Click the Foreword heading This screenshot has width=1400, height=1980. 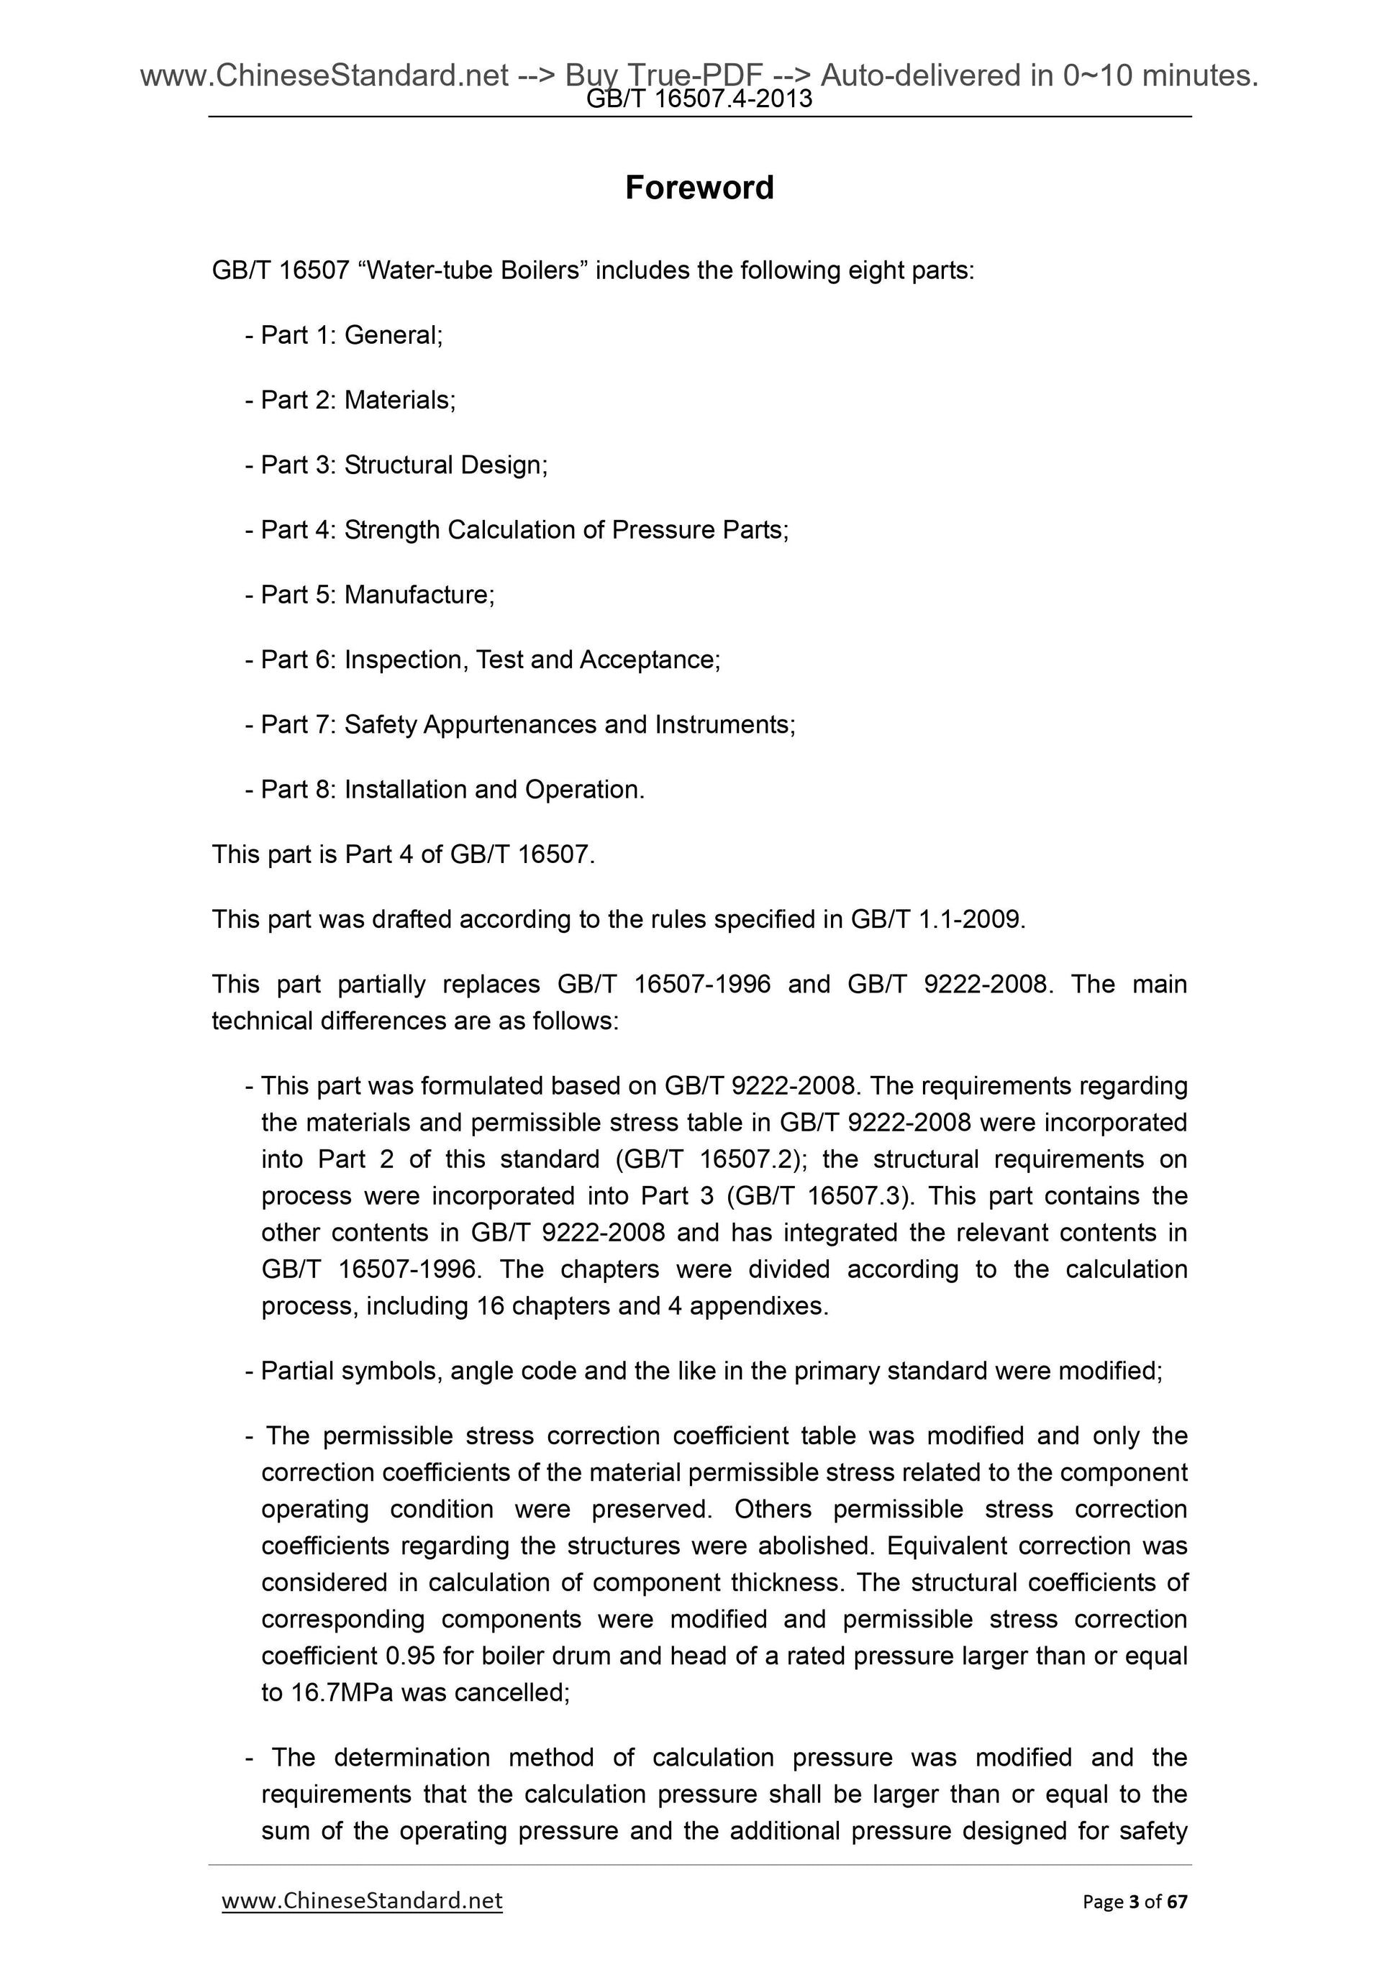699,188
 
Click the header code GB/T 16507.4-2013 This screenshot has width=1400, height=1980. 699,100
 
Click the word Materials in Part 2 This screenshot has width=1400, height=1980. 398,400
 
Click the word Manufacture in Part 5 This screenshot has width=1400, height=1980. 419,595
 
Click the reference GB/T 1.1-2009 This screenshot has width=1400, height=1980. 937,919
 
